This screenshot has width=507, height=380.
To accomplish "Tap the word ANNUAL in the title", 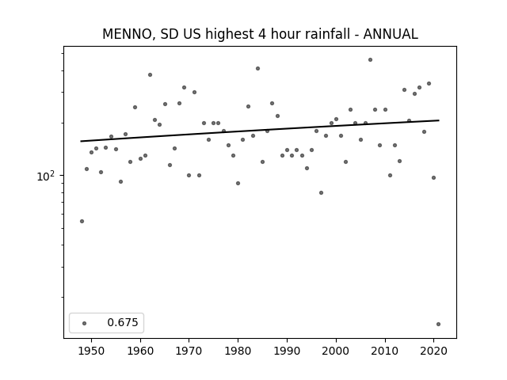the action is click(x=391, y=34).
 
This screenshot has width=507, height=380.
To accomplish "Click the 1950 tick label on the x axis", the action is click(x=92, y=351).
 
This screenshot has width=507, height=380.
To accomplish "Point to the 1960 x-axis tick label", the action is click(x=140, y=351).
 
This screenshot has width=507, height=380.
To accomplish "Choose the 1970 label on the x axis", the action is click(x=189, y=351).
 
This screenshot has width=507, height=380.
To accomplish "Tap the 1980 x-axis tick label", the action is click(x=238, y=351).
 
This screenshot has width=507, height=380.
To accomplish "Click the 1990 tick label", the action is click(x=287, y=351).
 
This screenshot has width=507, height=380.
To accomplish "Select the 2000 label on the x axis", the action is click(x=336, y=351).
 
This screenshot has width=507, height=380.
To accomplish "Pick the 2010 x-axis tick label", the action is click(x=385, y=351).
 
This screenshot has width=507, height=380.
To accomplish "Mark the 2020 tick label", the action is click(x=433, y=351).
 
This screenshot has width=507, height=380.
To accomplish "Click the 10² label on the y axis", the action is click(x=46, y=176).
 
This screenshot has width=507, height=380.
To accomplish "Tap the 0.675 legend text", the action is click(x=123, y=322).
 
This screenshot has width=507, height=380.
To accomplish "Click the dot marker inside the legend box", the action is click(x=85, y=323).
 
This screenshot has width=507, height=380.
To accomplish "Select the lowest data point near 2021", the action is click(x=438, y=324).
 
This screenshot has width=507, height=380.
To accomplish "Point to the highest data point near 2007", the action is click(x=370, y=60).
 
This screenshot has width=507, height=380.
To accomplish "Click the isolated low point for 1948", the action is click(x=82, y=222).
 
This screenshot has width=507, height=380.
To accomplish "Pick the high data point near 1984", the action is click(x=257, y=69).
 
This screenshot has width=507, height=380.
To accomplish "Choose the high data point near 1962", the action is click(x=150, y=75).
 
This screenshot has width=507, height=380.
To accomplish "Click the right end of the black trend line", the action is click(x=439, y=120).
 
